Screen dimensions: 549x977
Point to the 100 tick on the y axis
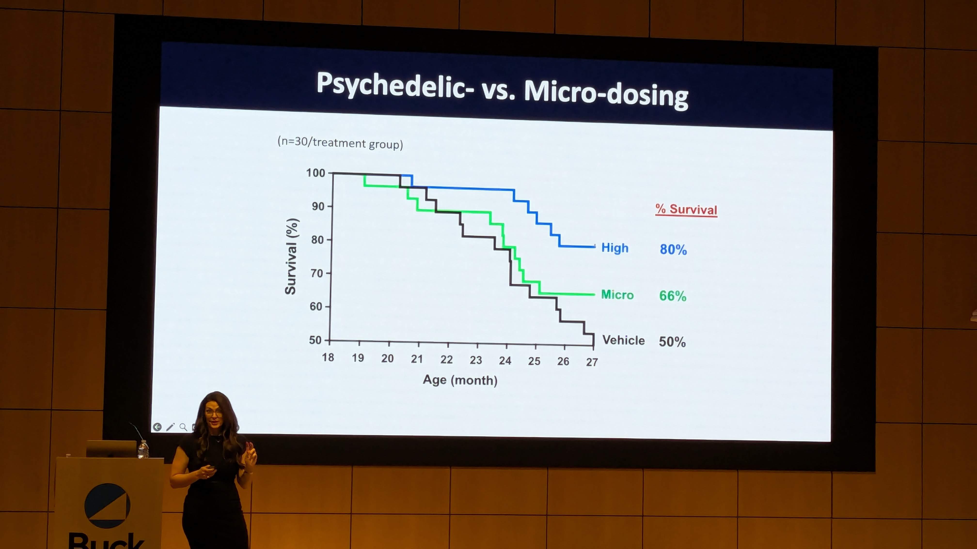pos(315,173)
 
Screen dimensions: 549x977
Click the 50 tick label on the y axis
pos(315,340)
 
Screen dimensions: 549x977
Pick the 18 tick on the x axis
pos(328,357)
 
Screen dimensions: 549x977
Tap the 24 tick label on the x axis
pos(505,360)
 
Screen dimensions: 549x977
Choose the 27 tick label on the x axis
pos(592,362)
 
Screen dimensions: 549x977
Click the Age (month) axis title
pos(460,380)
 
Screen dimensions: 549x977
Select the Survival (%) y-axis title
pos(291,257)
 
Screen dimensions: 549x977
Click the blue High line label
pos(615,248)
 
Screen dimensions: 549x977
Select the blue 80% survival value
pos(673,249)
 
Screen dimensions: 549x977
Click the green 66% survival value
pos(672,296)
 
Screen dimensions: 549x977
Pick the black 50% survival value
pos(672,342)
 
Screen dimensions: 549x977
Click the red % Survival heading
pos(686,210)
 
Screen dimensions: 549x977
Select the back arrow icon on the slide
pos(157,427)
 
